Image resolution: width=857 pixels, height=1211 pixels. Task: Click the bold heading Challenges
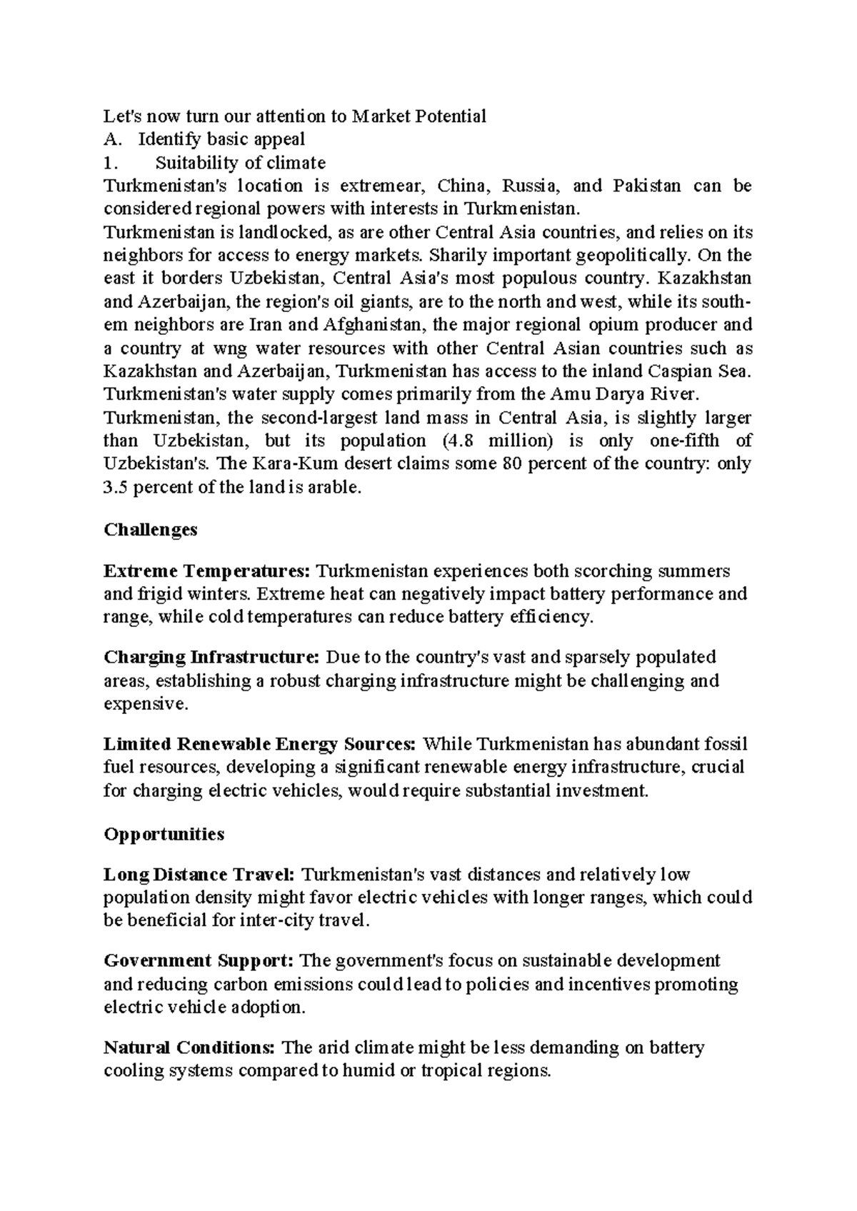click(150, 530)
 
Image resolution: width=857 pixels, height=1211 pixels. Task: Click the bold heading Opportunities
click(164, 834)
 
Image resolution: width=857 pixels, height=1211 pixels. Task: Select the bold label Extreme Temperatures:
click(207, 571)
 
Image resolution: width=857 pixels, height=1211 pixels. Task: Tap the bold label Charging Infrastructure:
click(211, 657)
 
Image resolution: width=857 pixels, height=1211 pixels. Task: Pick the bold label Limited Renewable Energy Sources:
click(259, 744)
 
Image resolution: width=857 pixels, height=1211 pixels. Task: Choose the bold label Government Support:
click(199, 960)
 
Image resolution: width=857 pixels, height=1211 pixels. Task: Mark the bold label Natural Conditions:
click(189, 1047)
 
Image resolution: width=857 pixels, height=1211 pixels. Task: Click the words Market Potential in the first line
click(419, 116)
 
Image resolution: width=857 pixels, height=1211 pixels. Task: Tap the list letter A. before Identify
click(111, 139)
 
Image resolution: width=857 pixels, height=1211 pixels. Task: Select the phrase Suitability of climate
click(241, 163)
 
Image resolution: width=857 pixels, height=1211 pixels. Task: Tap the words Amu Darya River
click(623, 394)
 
